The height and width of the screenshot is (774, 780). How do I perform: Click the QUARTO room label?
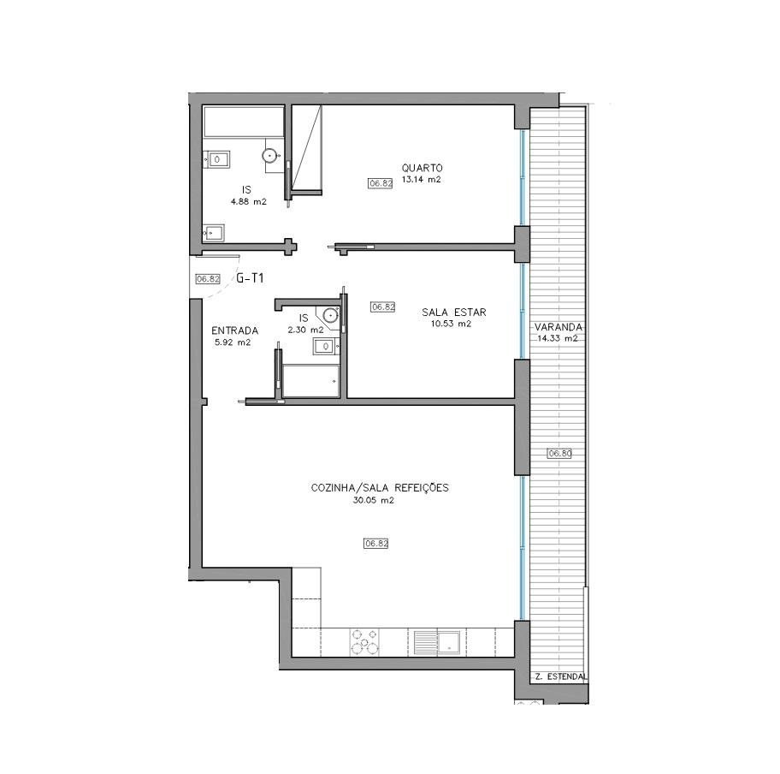pos(422,169)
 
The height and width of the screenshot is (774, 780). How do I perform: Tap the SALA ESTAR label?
pos(453,313)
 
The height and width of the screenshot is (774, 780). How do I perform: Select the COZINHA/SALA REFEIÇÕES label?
pos(380,488)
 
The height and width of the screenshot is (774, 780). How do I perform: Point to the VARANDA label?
pos(558,327)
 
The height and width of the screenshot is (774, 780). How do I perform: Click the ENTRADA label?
pos(235,330)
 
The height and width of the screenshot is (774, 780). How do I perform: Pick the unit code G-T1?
pos(249,278)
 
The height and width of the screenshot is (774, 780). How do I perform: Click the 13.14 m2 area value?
pos(421,180)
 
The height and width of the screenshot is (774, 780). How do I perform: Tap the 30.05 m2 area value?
pos(373,501)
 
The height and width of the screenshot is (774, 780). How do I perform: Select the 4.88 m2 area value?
pos(248,202)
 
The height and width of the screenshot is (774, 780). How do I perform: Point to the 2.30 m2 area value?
pos(305,330)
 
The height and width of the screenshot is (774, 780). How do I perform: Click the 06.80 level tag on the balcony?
pos(559,453)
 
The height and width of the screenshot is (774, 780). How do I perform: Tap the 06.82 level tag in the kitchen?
pos(375,544)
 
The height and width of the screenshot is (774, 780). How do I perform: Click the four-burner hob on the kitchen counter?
pos(364,642)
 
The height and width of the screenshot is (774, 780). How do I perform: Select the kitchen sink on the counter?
pos(437,642)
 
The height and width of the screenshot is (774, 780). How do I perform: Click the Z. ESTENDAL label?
pos(561,677)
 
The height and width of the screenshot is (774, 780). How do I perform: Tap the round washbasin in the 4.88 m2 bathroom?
pos(269,155)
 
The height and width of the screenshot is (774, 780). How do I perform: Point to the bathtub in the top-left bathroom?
pos(244,122)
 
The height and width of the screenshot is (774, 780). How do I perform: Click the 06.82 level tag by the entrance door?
pos(208,279)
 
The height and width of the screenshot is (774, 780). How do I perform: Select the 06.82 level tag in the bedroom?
pos(381,183)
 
